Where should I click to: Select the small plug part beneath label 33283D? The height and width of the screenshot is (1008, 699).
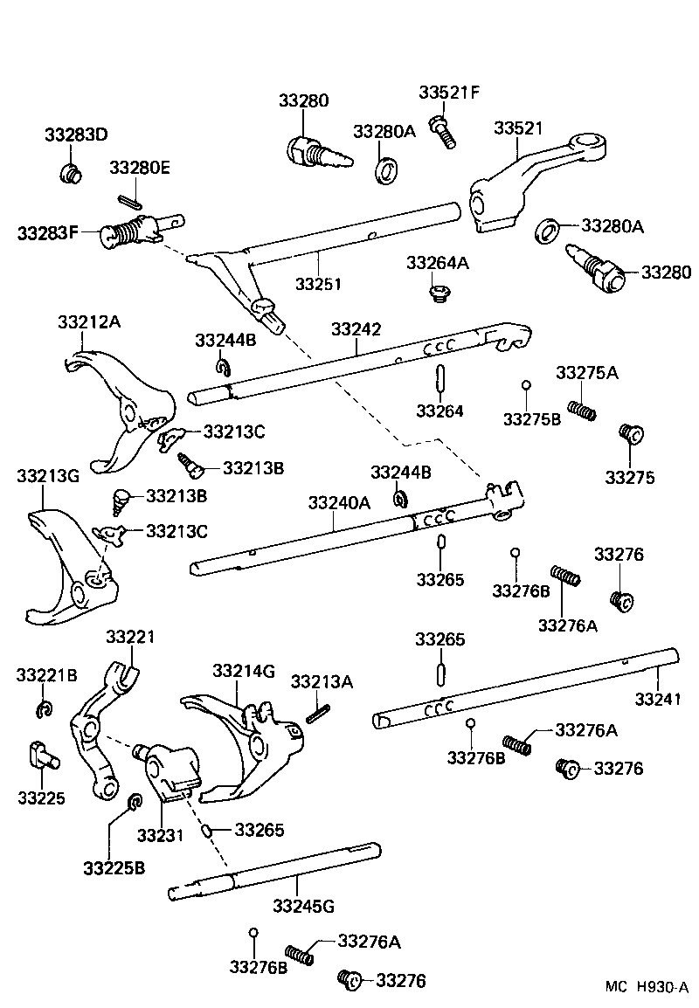tap(70, 173)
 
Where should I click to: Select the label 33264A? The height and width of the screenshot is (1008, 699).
tap(437, 263)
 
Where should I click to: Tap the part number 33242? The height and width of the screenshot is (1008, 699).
tap(356, 328)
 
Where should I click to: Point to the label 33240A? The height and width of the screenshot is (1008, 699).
tap(338, 503)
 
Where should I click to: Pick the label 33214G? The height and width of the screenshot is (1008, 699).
tap(244, 671)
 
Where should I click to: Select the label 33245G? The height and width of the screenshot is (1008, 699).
tap(303, 905)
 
